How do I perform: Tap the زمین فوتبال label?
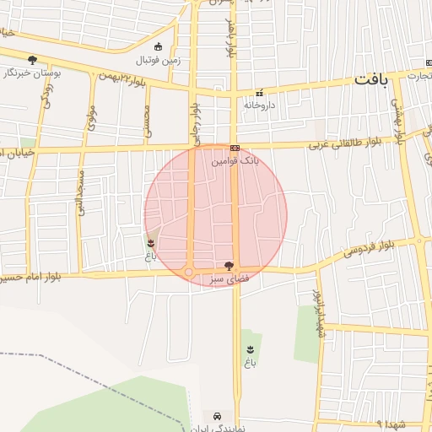pyautogui.click(x=157, y=61)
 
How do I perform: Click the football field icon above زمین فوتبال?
pyautogui.click(x=159, y=46)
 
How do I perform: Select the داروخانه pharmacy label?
pyautogui.click(x=260, y=105)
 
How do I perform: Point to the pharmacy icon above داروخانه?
pyautogui.click(x=260, y=93)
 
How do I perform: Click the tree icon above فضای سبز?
pyautogui.click(x=229, y=265)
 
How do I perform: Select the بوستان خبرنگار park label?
pyautogui.click(x=33, y=73)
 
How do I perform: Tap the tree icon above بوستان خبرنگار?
pyautogui.click(x=33, y=59)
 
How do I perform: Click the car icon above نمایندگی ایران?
pyautogui.click(x=218, y=417)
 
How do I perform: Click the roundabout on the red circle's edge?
pyautogui.click(x=189, y=272)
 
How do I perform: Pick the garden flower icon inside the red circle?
pyautogui.click(x=152, y=243)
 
